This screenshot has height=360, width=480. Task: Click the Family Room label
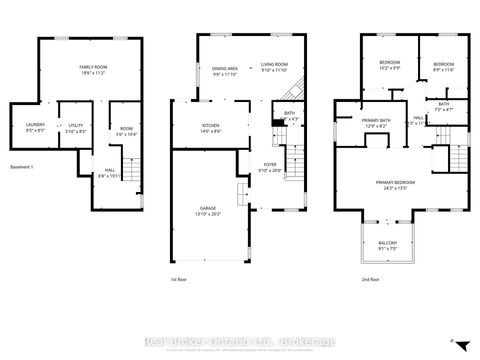click(x=95, y=70)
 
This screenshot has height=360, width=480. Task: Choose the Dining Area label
click(x=224, y=70)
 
